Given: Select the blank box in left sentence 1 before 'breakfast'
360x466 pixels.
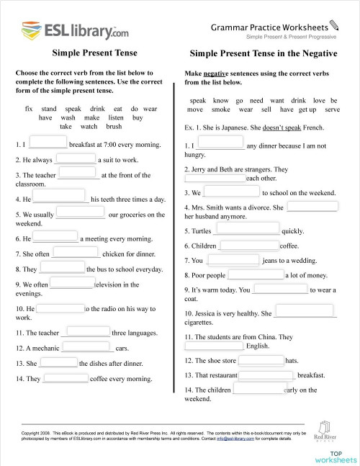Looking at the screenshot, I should (48, 143).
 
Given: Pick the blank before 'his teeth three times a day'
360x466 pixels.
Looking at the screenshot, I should (61, 198).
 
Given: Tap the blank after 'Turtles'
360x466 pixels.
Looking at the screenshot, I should (246, 230).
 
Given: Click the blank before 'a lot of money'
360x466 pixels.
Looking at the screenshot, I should (256, 274).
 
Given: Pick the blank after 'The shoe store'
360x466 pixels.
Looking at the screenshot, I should (261, 359).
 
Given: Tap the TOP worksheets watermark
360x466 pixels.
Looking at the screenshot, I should (335, 456).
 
